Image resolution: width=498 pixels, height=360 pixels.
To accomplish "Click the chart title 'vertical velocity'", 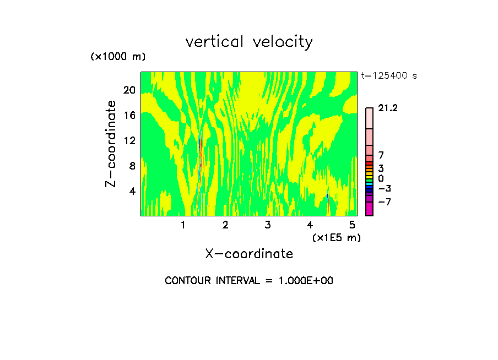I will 249,42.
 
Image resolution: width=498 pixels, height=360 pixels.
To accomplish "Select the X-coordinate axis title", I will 249,254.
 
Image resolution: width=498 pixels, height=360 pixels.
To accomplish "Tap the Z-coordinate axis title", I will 111,144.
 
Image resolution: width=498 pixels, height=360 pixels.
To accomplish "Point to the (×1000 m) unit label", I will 118,57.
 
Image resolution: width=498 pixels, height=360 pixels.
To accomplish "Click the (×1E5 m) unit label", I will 336,237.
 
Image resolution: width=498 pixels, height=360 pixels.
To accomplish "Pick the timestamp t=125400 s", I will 389,76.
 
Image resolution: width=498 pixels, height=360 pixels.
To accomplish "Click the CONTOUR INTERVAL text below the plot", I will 249,281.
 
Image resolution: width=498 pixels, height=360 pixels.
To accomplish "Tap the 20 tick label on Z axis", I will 128,90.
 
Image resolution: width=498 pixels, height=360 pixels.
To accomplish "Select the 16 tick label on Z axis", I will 128,116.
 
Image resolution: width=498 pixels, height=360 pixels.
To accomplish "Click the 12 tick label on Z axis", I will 128,141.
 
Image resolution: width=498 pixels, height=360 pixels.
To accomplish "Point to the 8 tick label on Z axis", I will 132,166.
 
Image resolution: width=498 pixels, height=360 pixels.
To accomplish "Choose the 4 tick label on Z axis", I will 132,192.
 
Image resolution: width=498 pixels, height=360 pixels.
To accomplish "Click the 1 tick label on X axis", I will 183,225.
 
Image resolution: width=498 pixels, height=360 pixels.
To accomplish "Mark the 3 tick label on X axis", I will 267,225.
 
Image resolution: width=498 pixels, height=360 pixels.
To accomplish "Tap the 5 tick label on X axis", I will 352,225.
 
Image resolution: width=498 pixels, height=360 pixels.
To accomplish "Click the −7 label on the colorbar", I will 385,201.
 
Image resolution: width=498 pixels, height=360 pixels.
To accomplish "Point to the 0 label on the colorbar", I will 381,178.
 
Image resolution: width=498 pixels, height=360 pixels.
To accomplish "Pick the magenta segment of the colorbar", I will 369,209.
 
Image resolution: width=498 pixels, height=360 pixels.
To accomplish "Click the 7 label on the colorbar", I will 381,156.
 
